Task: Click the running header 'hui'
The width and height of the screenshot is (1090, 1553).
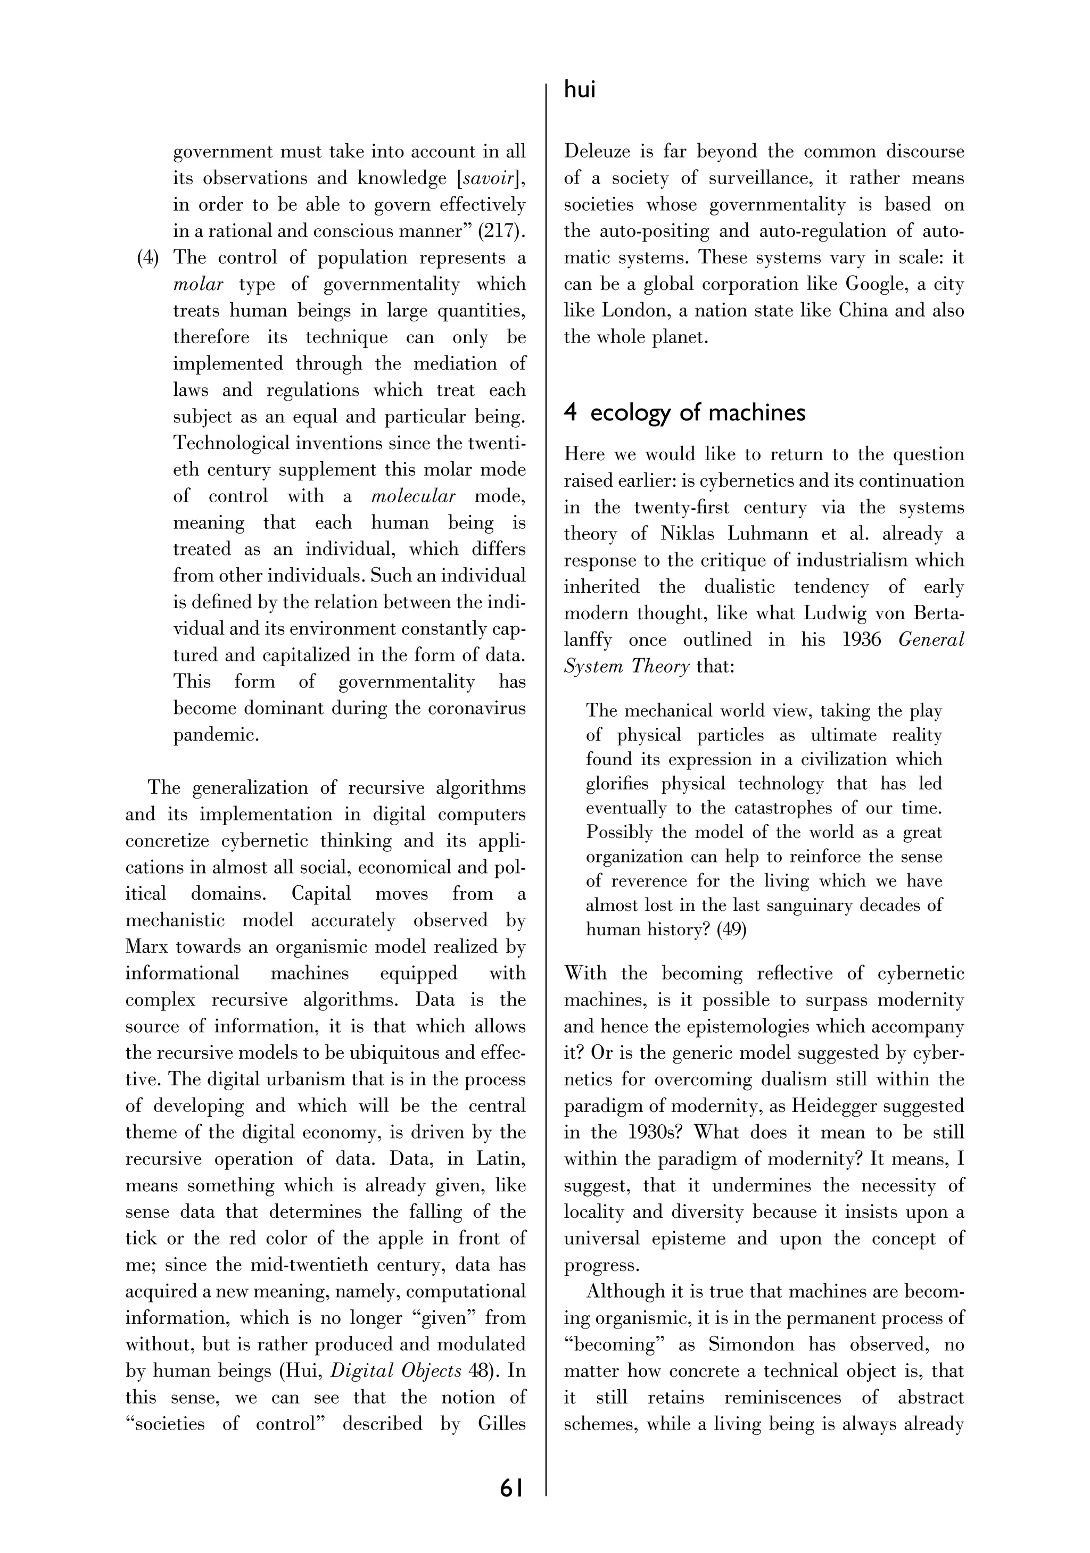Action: (x=579, y=89)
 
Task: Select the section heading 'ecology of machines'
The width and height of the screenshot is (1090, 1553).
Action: (x=698, y=413)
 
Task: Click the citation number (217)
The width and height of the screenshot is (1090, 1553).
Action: (x=501, y=231)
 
